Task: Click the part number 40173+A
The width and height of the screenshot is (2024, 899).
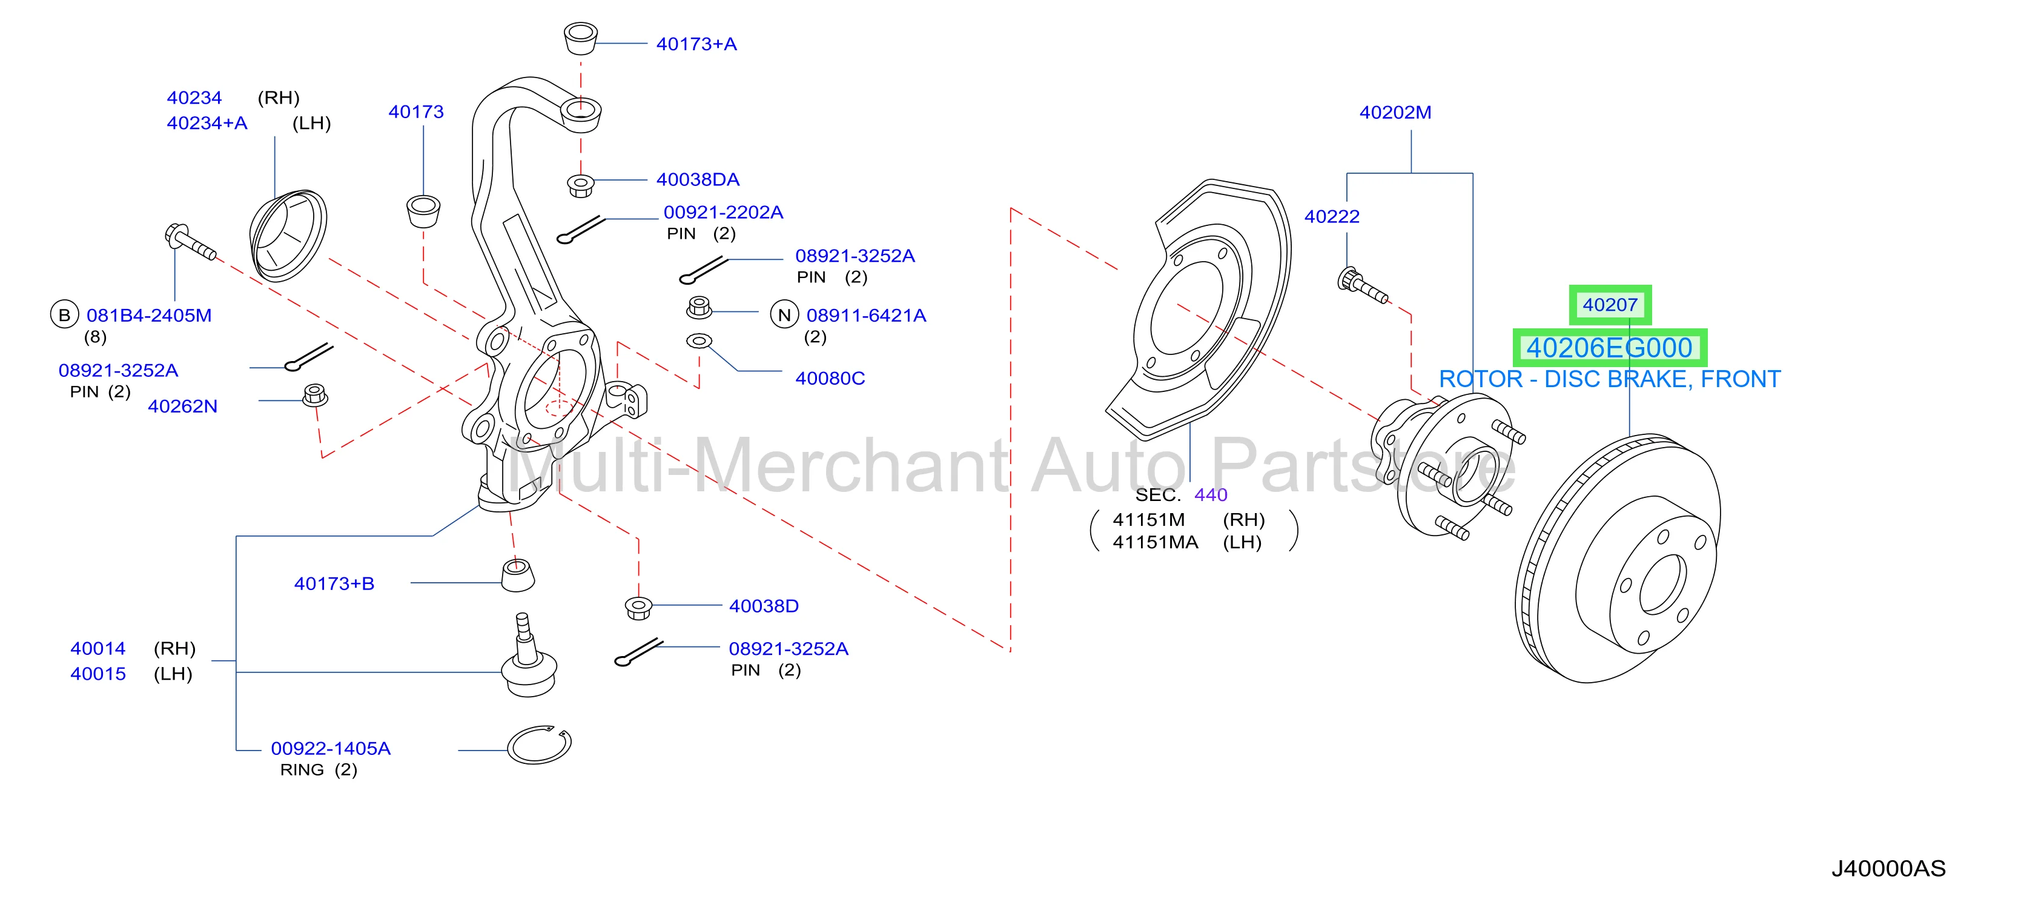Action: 696,44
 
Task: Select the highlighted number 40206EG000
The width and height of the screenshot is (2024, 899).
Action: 1609,347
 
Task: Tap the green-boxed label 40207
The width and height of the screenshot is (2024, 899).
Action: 1610,305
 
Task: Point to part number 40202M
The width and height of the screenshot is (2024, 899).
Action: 1395,113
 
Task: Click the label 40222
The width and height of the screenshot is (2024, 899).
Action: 1332,216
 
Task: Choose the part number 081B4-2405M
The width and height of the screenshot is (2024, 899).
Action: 149,315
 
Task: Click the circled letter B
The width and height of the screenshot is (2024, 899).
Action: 64,315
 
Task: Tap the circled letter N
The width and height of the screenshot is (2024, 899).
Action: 784,315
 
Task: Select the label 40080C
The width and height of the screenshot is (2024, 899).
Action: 830,378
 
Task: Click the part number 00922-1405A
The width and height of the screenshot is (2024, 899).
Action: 331,748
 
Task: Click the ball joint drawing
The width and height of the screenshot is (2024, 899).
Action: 529,656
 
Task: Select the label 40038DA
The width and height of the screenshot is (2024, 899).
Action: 698,179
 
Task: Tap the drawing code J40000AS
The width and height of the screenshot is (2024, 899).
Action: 1888,868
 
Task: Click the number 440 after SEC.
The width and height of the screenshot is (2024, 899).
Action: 1211,494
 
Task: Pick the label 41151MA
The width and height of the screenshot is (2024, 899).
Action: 1155,542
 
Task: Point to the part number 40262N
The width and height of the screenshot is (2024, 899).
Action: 182,406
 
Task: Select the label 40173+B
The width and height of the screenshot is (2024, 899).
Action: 334,583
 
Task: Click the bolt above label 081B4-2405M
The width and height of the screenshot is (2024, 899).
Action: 190,242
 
